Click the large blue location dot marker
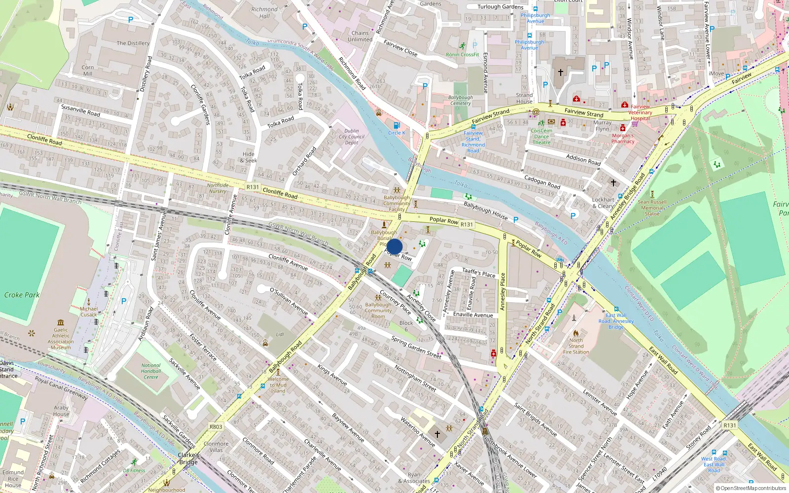(x=394, y=246)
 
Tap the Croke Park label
(x=22, y=295)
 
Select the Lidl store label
(x=280, y=334)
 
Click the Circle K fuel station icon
(x=396, y=125)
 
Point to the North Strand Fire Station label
(x=576, y=346)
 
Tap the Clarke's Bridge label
(x=188, y=458)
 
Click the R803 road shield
(x=215, y=427)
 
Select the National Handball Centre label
(x=151, y=371)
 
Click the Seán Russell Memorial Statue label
(x=652, y=208)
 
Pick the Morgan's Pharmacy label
(x=623, y=139)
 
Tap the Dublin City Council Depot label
(x=352, y=137)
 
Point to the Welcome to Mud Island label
(x=278, y=385)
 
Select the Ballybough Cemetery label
(x=460, y=101)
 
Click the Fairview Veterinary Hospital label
(x=640, y=112)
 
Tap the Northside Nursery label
(x=218, y=188)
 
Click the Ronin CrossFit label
(x=462, y=55)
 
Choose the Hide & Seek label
(x=249, y=157)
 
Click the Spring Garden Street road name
(x=416, y=347)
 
